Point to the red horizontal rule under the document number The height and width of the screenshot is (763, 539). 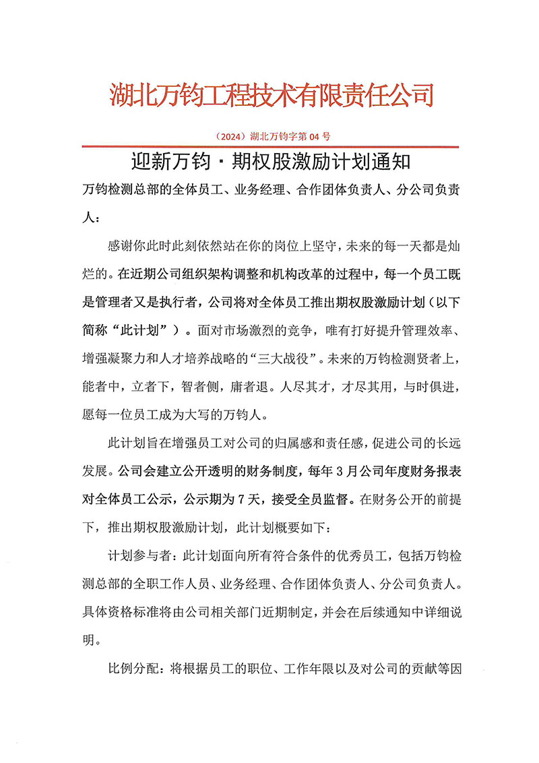(x=270, y=146)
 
